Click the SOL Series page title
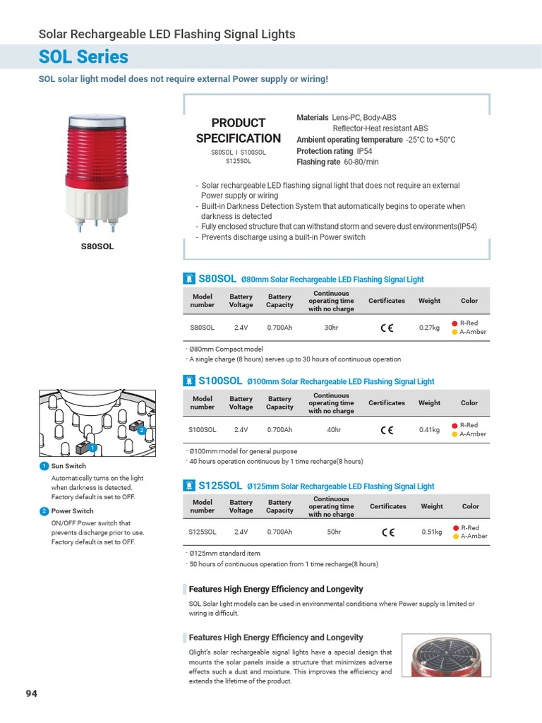(x=83, y=56)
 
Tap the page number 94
(x=32, y=693)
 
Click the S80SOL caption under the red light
(x=97, y=247)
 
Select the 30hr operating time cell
(x=331, y=328)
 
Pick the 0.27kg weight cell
(x=429, y=328)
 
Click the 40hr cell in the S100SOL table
(x=334, y=429)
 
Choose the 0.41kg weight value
(x=429, y=429)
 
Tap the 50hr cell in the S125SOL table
(x=334, y=532)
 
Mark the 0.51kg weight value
(x=431, y=532)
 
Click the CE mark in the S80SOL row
(x=387, y=328)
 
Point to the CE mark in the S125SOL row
(x=387, y=532)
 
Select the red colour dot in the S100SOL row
(x=455, y=425)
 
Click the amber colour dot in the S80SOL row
(x=455, y=332)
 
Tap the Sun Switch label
(x=68, y=466)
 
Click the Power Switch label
(x=72, y=510)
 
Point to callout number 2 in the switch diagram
(x=141, y=430)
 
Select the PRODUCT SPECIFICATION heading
(x=238, y=131)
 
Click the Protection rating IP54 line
(x=335, y=151)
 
